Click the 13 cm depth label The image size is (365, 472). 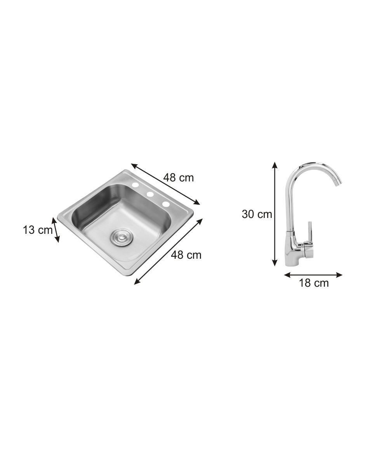[38, 230]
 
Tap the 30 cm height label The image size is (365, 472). [257, 214]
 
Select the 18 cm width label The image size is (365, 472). [314, 283]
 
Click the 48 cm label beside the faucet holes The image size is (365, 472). [178, 178]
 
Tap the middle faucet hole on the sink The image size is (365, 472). [150, 194]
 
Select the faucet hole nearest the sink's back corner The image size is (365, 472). [135, 185]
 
